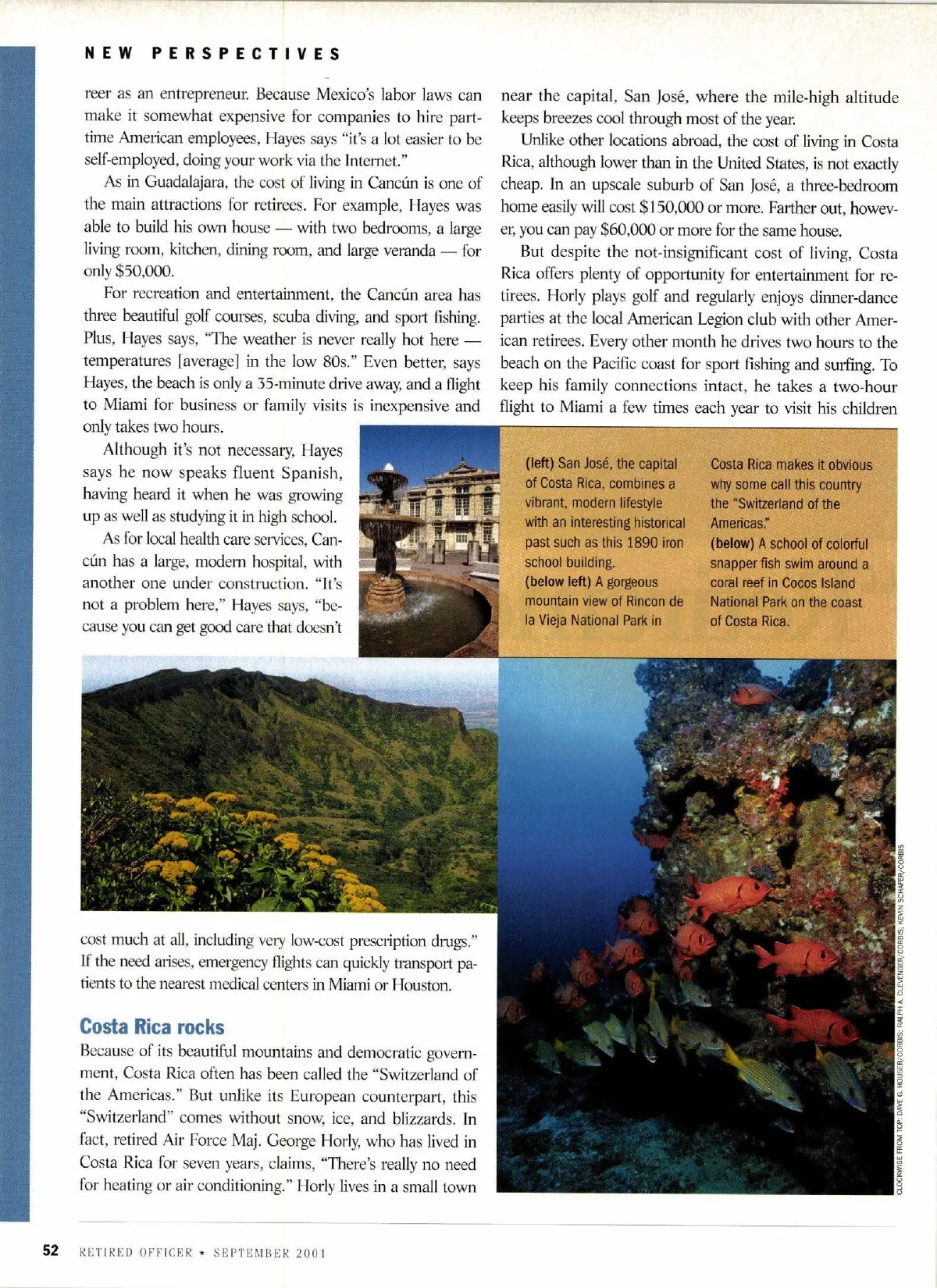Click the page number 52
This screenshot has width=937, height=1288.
click(51, 1251)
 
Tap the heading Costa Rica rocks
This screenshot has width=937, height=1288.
click(151, 1026)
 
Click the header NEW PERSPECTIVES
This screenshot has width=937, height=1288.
click(212, 54)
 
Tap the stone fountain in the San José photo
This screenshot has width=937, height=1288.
click(388, 546)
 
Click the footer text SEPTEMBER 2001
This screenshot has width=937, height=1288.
click(269, 1253)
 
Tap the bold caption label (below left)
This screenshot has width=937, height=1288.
click(558, 582)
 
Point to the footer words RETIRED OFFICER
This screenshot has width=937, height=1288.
click(136, 1253)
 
